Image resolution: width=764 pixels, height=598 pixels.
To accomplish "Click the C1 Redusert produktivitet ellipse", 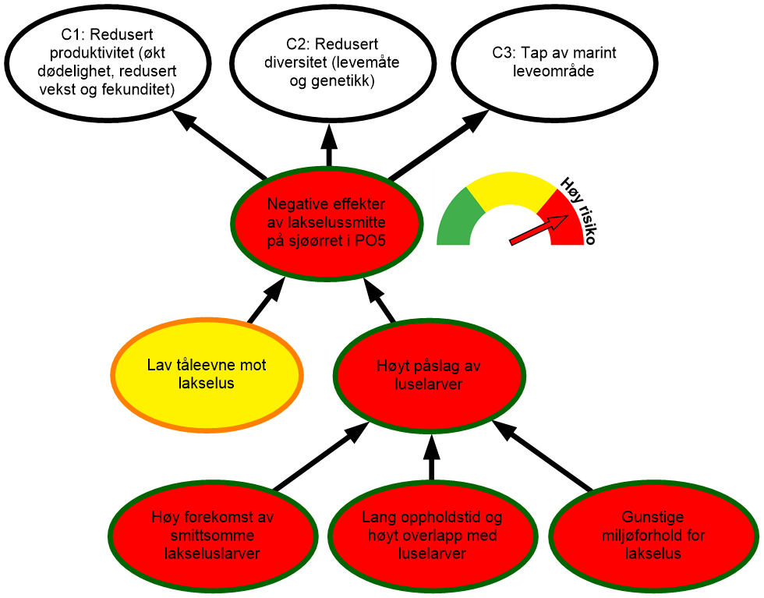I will [108, 62].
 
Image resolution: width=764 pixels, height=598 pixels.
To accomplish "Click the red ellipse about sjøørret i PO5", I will [327, 222].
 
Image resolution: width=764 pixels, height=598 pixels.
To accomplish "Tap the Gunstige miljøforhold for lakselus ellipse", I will [653, 535].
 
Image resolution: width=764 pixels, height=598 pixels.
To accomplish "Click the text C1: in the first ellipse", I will [76, 35].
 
